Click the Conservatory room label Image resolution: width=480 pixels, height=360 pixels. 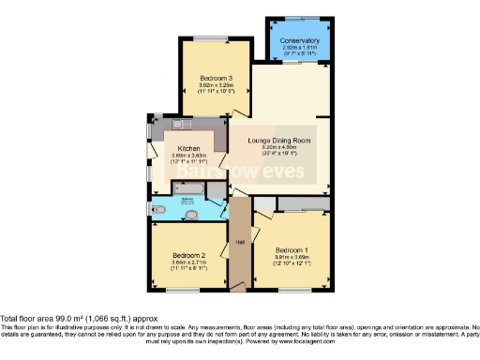299,41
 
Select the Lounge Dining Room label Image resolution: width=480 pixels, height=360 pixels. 279,141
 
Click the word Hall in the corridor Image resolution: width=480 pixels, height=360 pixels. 240,242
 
